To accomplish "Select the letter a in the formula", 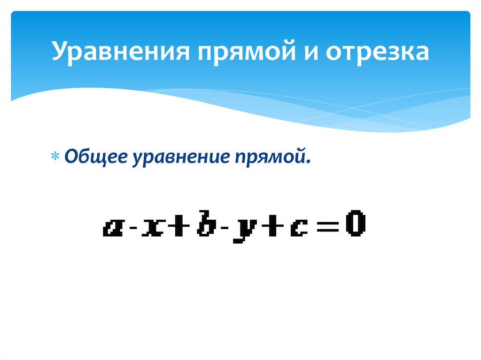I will click(x=113, y=229).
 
